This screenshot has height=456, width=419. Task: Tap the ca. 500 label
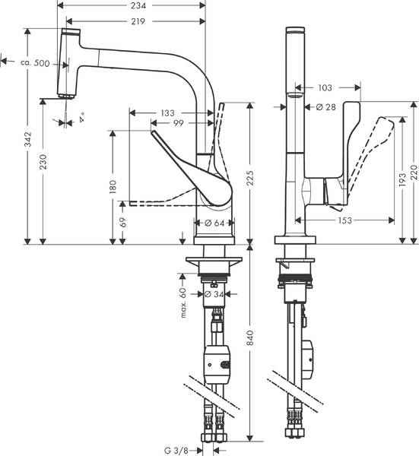[x=34, y=63]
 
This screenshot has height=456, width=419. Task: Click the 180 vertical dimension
[x=113, y=185]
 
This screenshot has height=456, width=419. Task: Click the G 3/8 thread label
[x=178, y=450]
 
